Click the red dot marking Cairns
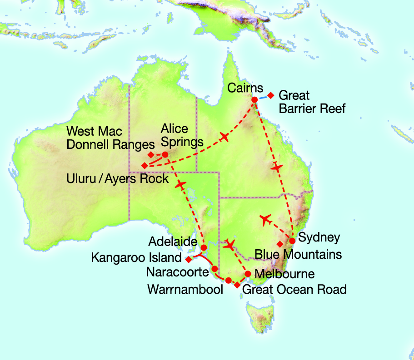click(254, 99)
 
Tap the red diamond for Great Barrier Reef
click(271, 95)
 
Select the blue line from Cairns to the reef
click(263, 97)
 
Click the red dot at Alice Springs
click(165, 154)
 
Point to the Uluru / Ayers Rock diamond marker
click(145, 165)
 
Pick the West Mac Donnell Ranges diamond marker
click(151, 154)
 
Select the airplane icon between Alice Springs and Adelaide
click(181, 184)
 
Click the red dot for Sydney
click(292, 241)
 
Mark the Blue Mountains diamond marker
click(280, 244)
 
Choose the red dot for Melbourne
click(248, 274)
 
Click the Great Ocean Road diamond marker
click(237, 285)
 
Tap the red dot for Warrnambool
click(228, 280)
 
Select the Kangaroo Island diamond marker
click(188, 259)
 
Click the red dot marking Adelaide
click(204, 247)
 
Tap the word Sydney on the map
click(319, 238)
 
